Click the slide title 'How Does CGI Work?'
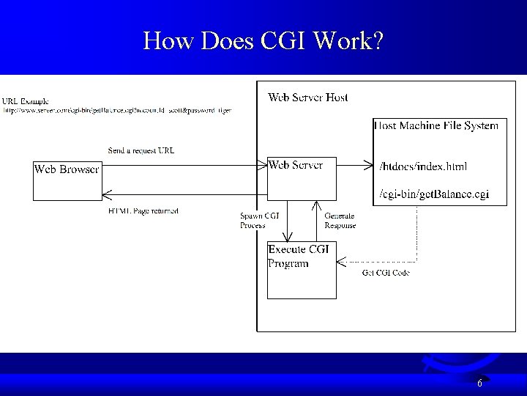click(x=263, y=40)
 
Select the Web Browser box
click(x=67, y=180)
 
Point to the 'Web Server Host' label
click(x=308, y=97)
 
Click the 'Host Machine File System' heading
click(x=437, y=125)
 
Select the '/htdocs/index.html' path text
click(x=424, y=166)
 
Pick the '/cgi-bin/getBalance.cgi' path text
click(x=434, y=194)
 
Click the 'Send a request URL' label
click(x=141, y=150)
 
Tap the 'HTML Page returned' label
click(x=143, y=211)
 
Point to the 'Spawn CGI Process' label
click(x=254, y=220)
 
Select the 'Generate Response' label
click(x=340, y=220)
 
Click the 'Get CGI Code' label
click(x=386, y=273)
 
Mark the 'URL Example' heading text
click(x=26, y=100)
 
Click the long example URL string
click(x=117, y=110)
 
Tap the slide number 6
click(x=479, y=383)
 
